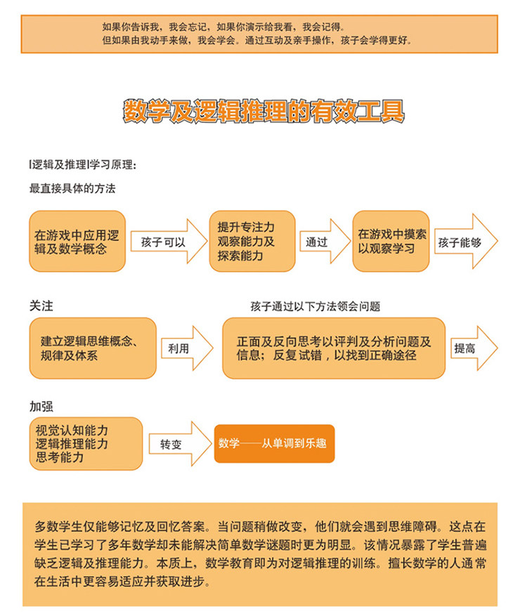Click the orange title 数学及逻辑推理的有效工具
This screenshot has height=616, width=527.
coord(263,112)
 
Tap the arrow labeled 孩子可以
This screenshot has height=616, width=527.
coord(169,242)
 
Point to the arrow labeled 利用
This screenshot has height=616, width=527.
coord(184,348)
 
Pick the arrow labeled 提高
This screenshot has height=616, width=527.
coord(472,348)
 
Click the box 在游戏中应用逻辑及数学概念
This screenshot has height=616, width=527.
coord(77,242)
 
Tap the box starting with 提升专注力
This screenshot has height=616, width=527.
coord(252,242)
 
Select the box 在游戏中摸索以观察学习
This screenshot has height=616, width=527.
coord(391,242)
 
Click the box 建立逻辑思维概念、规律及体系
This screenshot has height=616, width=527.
coord(93,348)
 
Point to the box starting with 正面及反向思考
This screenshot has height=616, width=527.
coord(334,348)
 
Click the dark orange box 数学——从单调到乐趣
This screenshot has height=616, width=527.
coord(274,444)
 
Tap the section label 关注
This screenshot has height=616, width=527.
coord(41,307)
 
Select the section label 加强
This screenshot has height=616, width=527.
coord(41,407)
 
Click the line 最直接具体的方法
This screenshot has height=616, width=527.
coord(72,188)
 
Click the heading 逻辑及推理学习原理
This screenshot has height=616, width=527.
coord(82,165)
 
